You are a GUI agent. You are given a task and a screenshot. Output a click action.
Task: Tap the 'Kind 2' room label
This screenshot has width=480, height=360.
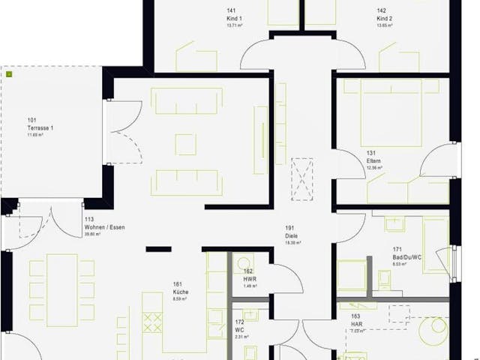[384, 17]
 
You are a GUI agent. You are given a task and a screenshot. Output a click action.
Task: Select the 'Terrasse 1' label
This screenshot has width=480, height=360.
[40, 127]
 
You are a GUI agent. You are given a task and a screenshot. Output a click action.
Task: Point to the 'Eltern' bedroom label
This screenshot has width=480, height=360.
[373, 161]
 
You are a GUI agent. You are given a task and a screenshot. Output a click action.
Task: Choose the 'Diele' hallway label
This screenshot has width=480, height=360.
[291, 236]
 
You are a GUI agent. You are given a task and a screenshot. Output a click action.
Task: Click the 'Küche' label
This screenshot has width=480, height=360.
[180, 292]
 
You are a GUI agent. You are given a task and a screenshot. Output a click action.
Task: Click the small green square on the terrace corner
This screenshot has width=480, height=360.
[9, 75]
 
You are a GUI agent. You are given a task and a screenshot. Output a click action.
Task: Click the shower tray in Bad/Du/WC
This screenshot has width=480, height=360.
[349, 274]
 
